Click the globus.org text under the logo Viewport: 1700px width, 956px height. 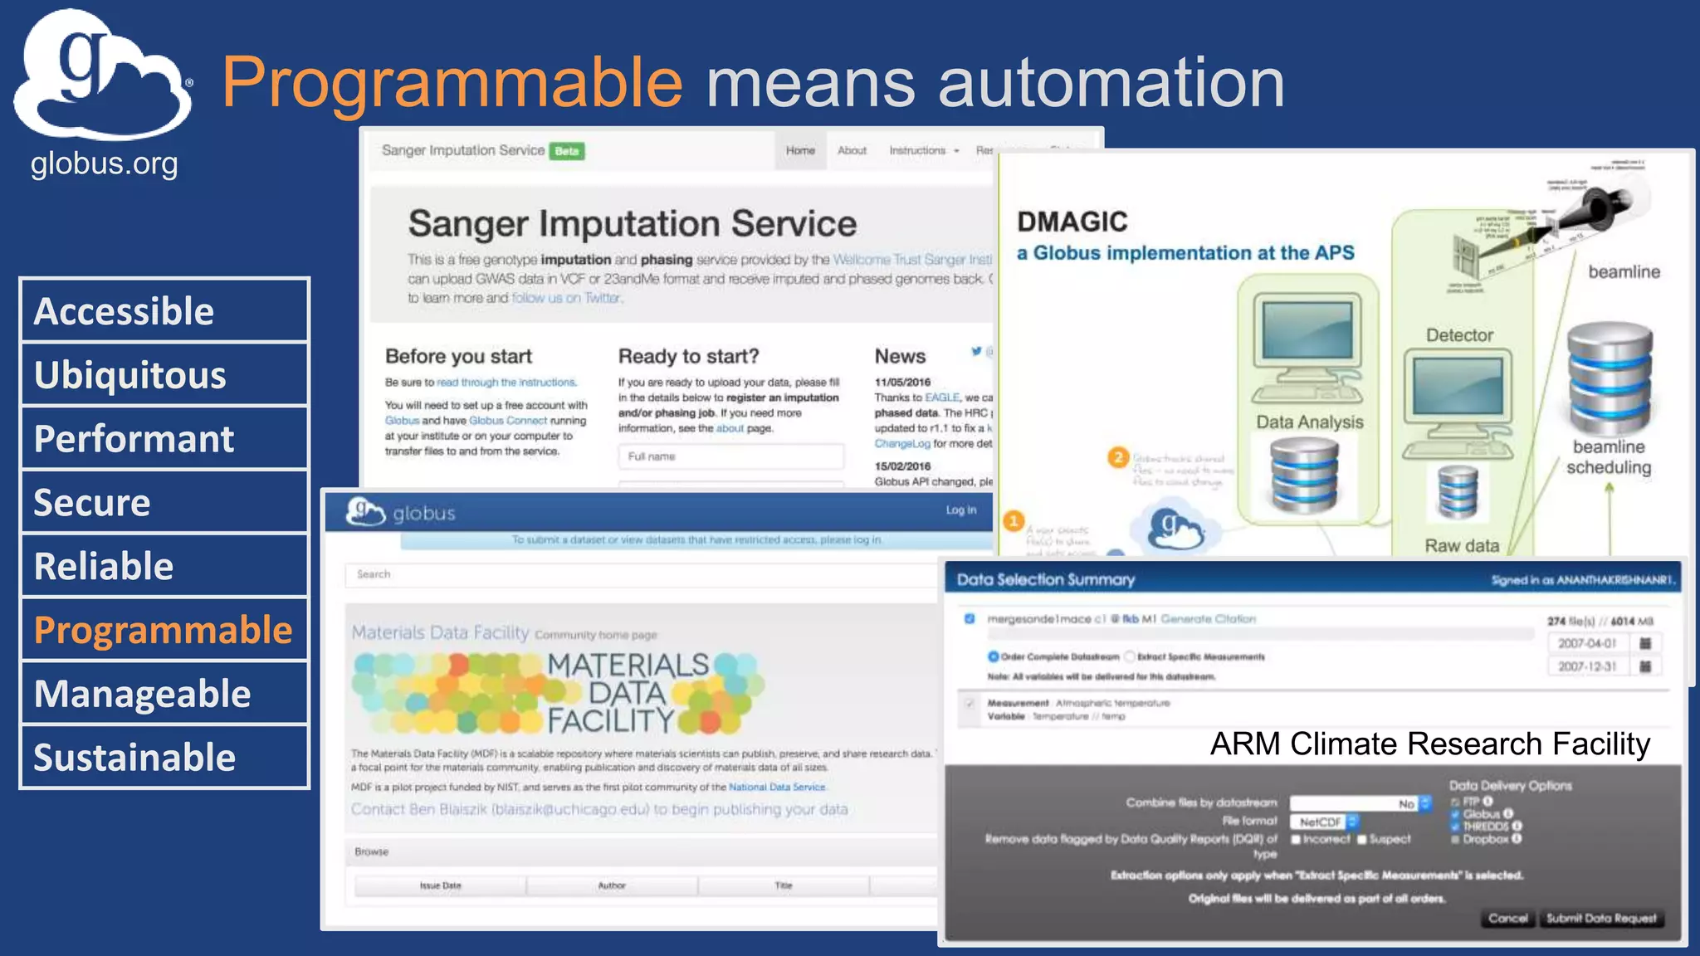point(104,164)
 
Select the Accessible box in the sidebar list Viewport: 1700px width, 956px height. point(164,311)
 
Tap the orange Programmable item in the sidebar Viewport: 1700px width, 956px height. point(164,630)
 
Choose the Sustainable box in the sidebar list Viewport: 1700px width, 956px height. point(164,758)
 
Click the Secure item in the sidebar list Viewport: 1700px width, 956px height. point(164,503)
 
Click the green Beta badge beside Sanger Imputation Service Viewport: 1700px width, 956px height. point(568,151)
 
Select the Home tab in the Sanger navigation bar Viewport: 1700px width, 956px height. point(800,150)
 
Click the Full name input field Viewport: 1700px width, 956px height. point(730,456)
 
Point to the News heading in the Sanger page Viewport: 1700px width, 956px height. point(900,356)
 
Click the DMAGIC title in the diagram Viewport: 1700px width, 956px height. point(1072,222)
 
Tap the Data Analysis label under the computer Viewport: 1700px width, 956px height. point(1309,422)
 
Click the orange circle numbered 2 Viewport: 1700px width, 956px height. point(1118,457)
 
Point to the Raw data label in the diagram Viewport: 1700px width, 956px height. point(1462,545)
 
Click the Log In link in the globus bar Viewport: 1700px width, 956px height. point(961,510)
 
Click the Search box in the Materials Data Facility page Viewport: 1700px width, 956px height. point(639,574)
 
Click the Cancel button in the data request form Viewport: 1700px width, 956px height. point(1507,918)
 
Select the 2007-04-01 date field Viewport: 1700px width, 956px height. point(1586,643)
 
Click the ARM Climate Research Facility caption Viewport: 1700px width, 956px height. point(1429,744)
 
